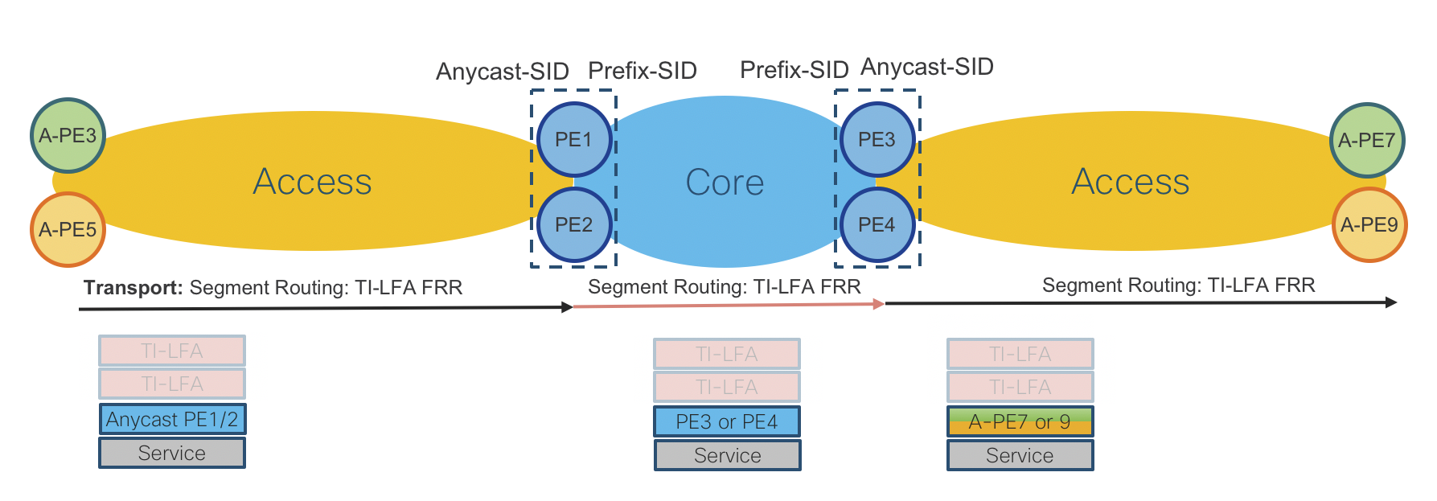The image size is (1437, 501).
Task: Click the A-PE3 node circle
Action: click(x=68, y=135)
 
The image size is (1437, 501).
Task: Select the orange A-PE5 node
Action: click(x=68, y=229)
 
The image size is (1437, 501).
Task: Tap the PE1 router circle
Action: click(x=574, y=139)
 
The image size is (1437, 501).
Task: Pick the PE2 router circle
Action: click(x=574, y=224)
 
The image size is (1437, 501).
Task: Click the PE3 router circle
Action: click(x=877, y=139)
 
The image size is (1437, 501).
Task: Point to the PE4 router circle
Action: click(x=877, y=224)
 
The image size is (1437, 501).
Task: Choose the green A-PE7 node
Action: click(x=1367, y=140)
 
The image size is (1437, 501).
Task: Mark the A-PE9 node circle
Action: click(x=1369, y=224)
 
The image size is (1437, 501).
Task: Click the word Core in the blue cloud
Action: click(x=725, y=183)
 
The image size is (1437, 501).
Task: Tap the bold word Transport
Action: click(x=133, y=288)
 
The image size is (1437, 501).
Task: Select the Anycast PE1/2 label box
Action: click(x=172, y=419)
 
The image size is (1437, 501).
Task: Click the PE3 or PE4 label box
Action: click(x=727, y=421)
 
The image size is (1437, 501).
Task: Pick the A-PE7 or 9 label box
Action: click(x=1020, y=421)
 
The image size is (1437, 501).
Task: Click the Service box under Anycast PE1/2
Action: click(x=172, y=453)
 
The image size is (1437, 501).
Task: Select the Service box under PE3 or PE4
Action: click(x=727, y=455)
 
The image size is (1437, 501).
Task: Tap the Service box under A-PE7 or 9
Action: click(x=1020, y=455)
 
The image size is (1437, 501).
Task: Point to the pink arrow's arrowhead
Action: click(x=879, y=304)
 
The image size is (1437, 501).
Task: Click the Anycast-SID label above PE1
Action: click(x=502, y=72)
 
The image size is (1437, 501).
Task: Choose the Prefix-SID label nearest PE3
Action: click(x=794, y=70)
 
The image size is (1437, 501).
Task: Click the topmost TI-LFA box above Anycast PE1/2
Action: click(x=172, y=351)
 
